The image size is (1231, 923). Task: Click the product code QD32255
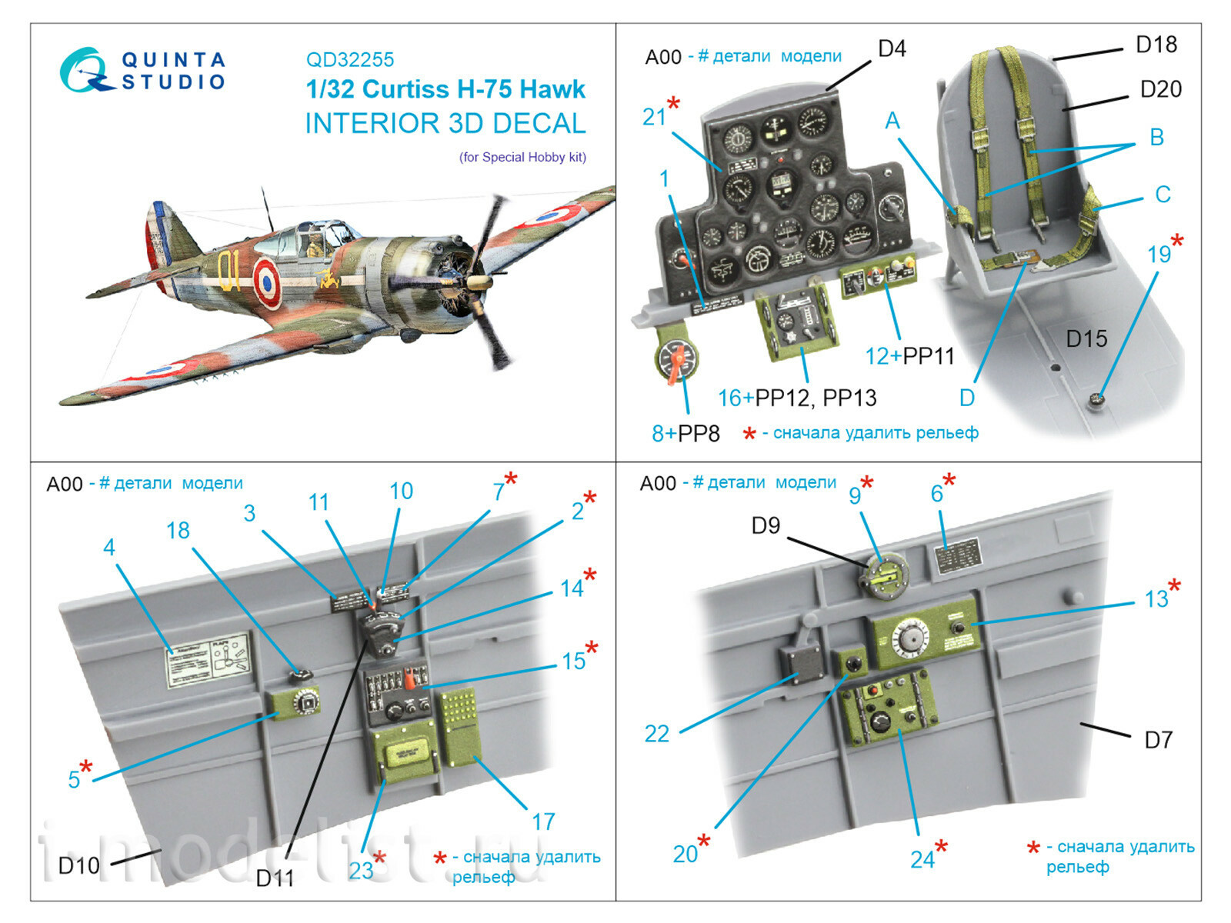point(350,60)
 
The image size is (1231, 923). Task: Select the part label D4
point(892,49)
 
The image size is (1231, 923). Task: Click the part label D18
point(1156,45)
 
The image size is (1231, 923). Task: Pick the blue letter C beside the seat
point(1163,195)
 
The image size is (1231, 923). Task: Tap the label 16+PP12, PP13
point(796,398)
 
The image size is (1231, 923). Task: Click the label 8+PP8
point(686,433)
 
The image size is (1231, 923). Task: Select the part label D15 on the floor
point(1086,338)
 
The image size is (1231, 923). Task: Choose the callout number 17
point(543,821)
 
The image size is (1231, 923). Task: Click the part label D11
point(275,878)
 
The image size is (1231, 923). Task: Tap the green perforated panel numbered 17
point(459,727)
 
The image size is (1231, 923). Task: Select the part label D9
point(766,525)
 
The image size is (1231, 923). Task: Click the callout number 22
point(657,734)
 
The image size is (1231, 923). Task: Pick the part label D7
point(1158,740)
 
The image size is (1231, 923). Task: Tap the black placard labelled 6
point(956,555)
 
